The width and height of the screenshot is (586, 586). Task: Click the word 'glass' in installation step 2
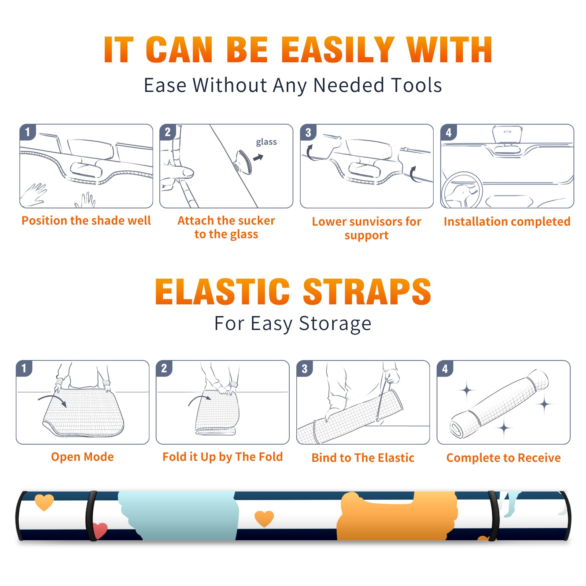266,142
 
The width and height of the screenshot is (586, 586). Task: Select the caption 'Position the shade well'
86,220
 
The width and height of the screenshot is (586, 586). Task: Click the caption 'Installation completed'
507,221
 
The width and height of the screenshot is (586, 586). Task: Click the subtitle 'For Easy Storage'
293,324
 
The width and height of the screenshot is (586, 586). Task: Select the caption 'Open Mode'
82,457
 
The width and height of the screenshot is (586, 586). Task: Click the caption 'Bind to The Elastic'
363,457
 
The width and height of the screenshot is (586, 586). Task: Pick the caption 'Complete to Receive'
504,457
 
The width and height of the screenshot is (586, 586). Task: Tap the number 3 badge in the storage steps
305,369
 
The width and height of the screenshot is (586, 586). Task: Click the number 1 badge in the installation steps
27,132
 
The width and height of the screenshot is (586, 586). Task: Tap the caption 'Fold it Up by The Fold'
223,457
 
